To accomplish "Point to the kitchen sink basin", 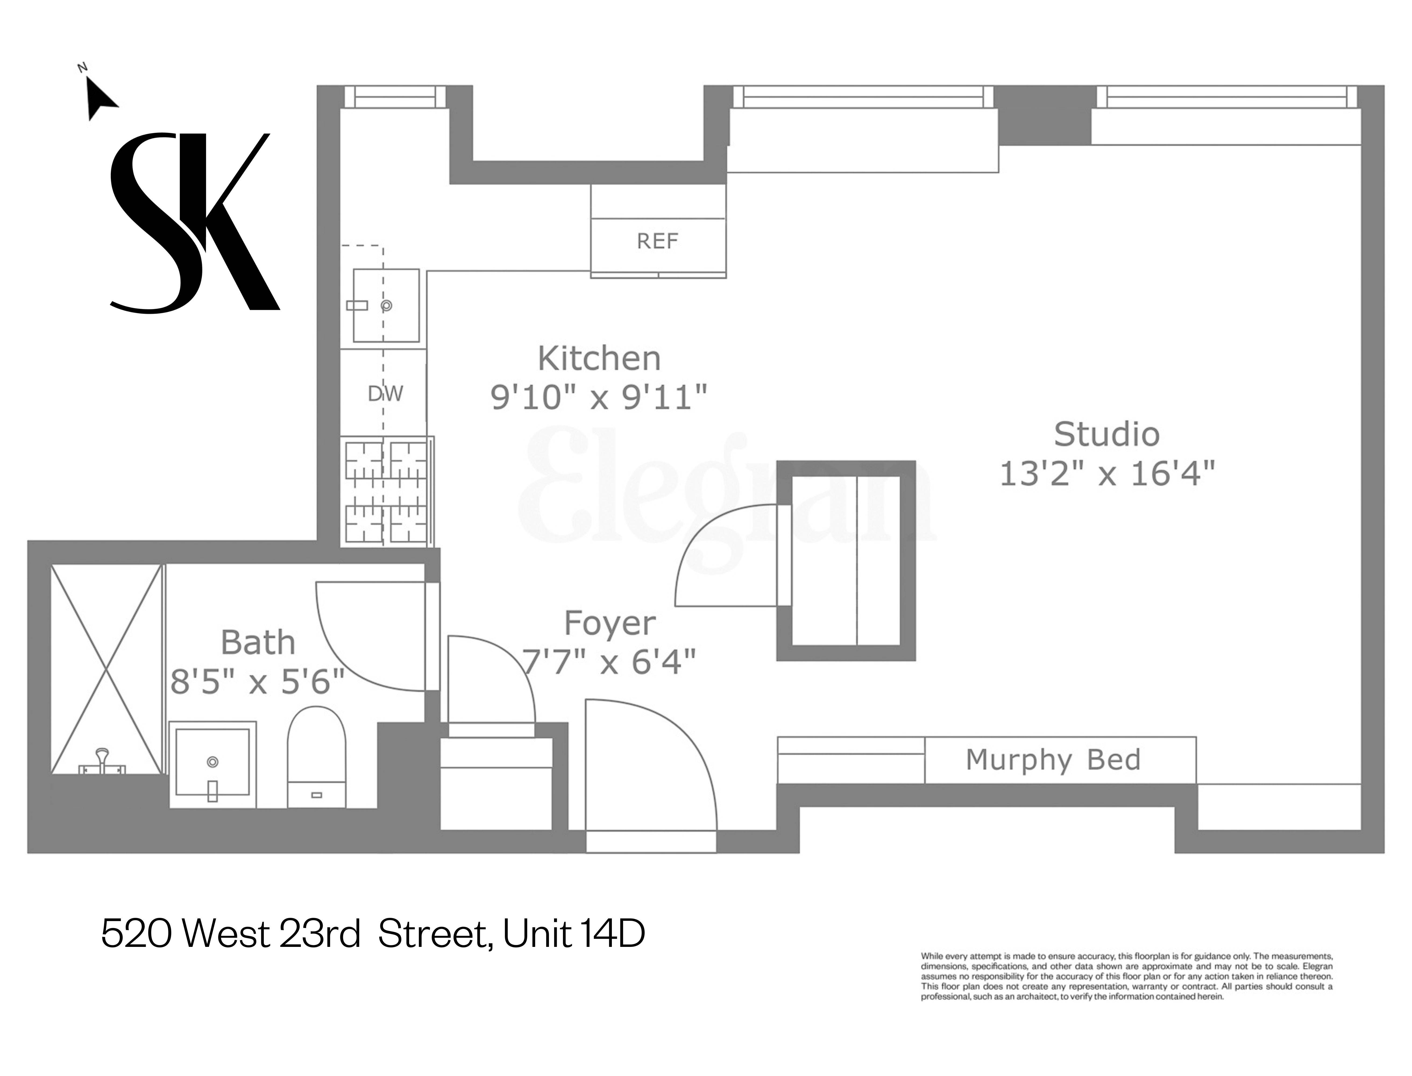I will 386,306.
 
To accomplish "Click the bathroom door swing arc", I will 359,647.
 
